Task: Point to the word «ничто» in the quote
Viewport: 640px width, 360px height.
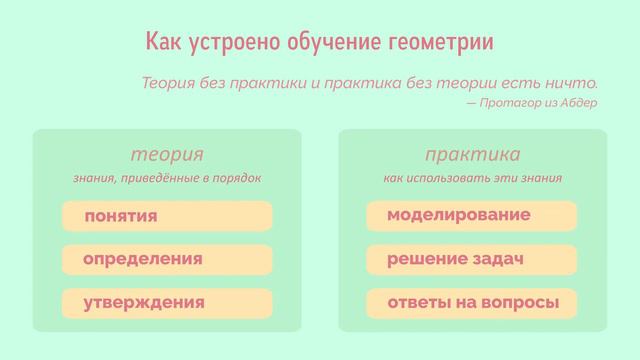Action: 574,82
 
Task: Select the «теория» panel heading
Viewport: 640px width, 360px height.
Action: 167,155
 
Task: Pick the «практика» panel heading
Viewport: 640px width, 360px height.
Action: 472,155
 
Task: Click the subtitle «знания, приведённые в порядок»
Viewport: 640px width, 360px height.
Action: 167,178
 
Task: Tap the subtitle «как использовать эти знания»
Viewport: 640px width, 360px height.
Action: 472,178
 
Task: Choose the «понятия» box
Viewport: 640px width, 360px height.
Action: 167,216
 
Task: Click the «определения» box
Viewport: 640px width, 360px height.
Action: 167,259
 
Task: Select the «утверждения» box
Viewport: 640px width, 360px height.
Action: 167,302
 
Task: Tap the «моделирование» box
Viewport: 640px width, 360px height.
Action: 472,216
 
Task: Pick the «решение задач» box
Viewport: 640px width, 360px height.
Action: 472,259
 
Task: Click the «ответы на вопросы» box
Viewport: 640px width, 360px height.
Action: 472,302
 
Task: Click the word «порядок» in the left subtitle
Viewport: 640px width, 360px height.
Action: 239,178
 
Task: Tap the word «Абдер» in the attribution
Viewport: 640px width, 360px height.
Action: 580,102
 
